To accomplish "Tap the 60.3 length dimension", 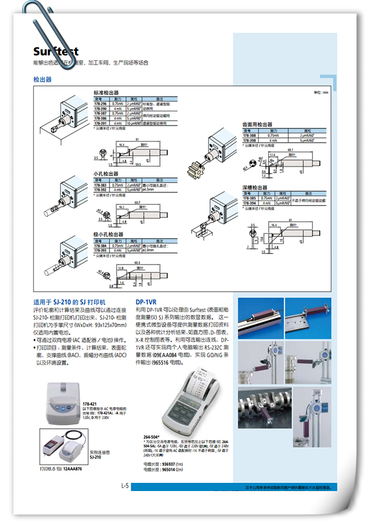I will [x=145, y=263].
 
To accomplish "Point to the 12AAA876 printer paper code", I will [x=73, y=469].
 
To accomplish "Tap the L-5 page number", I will [x=125, y=485].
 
